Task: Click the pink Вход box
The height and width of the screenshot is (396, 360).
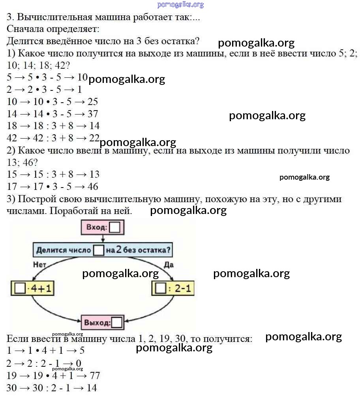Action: pyautogui.click(x=103, y=227)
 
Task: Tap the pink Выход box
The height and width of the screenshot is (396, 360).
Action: pyautogui.click(x=103, y=322)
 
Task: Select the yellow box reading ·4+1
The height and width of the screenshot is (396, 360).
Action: pyautogui.click(x=33, y=288)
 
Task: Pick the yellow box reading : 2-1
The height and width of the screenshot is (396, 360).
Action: pyautogui.click(x=173, y=288)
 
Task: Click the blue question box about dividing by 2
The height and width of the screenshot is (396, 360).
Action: pyautogui.click(x=103, y=250)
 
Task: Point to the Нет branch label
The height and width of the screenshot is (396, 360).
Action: pyautogui.click(x=39, y=265)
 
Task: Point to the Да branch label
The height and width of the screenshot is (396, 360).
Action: pyautogui.click(x=169, y=265)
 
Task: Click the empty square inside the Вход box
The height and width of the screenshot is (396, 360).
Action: pyautogui.click(x=115, y=227)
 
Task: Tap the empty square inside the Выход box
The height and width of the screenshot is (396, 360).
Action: pyautogui.click(x=116, y=323)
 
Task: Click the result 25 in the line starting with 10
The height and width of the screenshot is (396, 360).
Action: pyautogui.click(x=93, y=101)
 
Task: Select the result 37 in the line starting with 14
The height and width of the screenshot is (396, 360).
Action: pyautogui.click(x=93, y=114)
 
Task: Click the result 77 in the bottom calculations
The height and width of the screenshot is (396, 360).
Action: pyautogui.click(x=95, y=375)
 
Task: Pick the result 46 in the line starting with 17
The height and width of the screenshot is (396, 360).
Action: pyautogui.click(x=93, y=186)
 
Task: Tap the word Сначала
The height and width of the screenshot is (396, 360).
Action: pyautogui.click(x=26, y=29)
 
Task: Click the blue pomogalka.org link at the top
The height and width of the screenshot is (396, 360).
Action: pyautogui.click(x=180, y=4)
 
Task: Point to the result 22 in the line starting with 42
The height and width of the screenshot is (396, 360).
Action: pyautogui.click(x=94, y=138)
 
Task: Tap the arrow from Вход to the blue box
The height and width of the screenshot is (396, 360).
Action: pyautogui.click(x=103, y=239)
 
